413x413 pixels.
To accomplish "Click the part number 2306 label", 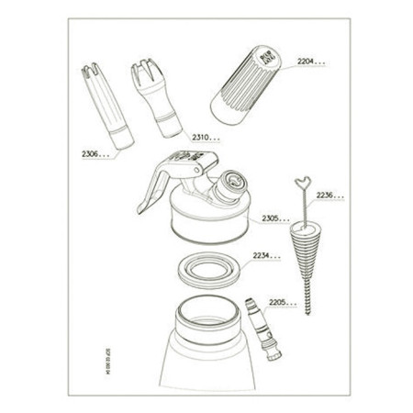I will click(94, 155).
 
